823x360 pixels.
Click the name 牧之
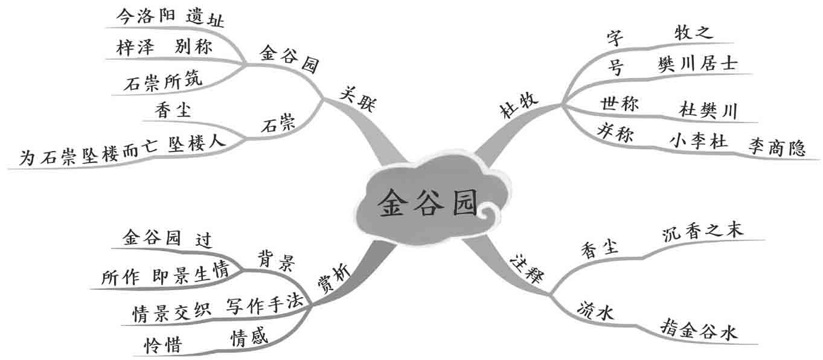click(694, 33)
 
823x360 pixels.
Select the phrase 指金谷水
click(699, 332)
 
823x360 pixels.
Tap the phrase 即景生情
click(190, 274)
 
